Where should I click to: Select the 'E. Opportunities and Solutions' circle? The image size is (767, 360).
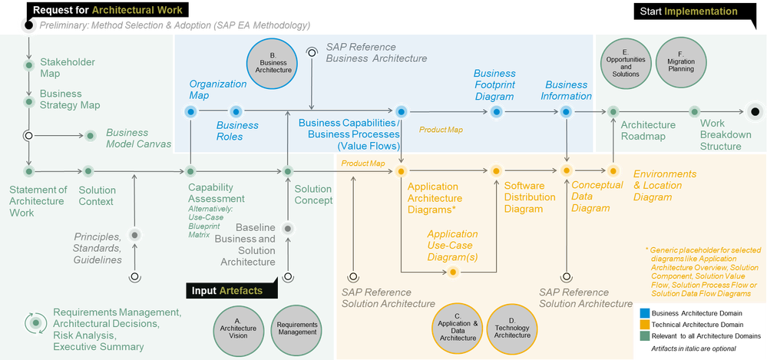click(x=626, y=64)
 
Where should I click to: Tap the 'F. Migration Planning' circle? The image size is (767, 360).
click(x=680, y=64)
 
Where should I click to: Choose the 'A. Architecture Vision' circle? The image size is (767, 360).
click(x=237, y=327)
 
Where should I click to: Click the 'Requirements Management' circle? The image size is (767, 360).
click(x=296, y=327)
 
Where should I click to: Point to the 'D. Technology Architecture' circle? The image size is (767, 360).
click(x=512, y=327)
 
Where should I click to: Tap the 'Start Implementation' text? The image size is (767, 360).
click(x=688, y=12)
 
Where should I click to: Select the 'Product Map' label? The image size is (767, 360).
click(x=440, y=130)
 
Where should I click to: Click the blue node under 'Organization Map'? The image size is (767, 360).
click(x=190, y=112)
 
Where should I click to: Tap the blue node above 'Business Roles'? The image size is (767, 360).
click(x=235, y=112)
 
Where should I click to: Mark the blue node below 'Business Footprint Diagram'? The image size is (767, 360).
click(x=495, y=112)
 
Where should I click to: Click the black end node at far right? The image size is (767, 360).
click(x=755, y=112)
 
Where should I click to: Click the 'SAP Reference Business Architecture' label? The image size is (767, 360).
click(x=376, y=52)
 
